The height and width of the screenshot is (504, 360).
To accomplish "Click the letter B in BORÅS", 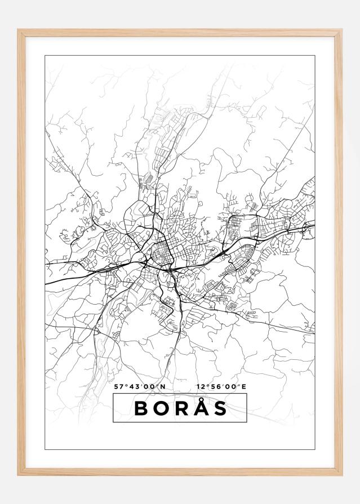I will point(141,409).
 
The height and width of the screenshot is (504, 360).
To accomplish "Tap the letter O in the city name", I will point(161,409).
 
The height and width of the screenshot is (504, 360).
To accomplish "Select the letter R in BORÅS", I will point(180,409).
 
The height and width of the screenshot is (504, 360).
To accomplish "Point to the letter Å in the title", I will point(200,408).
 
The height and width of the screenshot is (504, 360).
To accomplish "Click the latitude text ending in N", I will point(140,387).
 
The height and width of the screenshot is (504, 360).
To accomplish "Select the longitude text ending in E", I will point(222,387).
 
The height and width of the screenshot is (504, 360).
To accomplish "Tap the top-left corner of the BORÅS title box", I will point(113,394).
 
